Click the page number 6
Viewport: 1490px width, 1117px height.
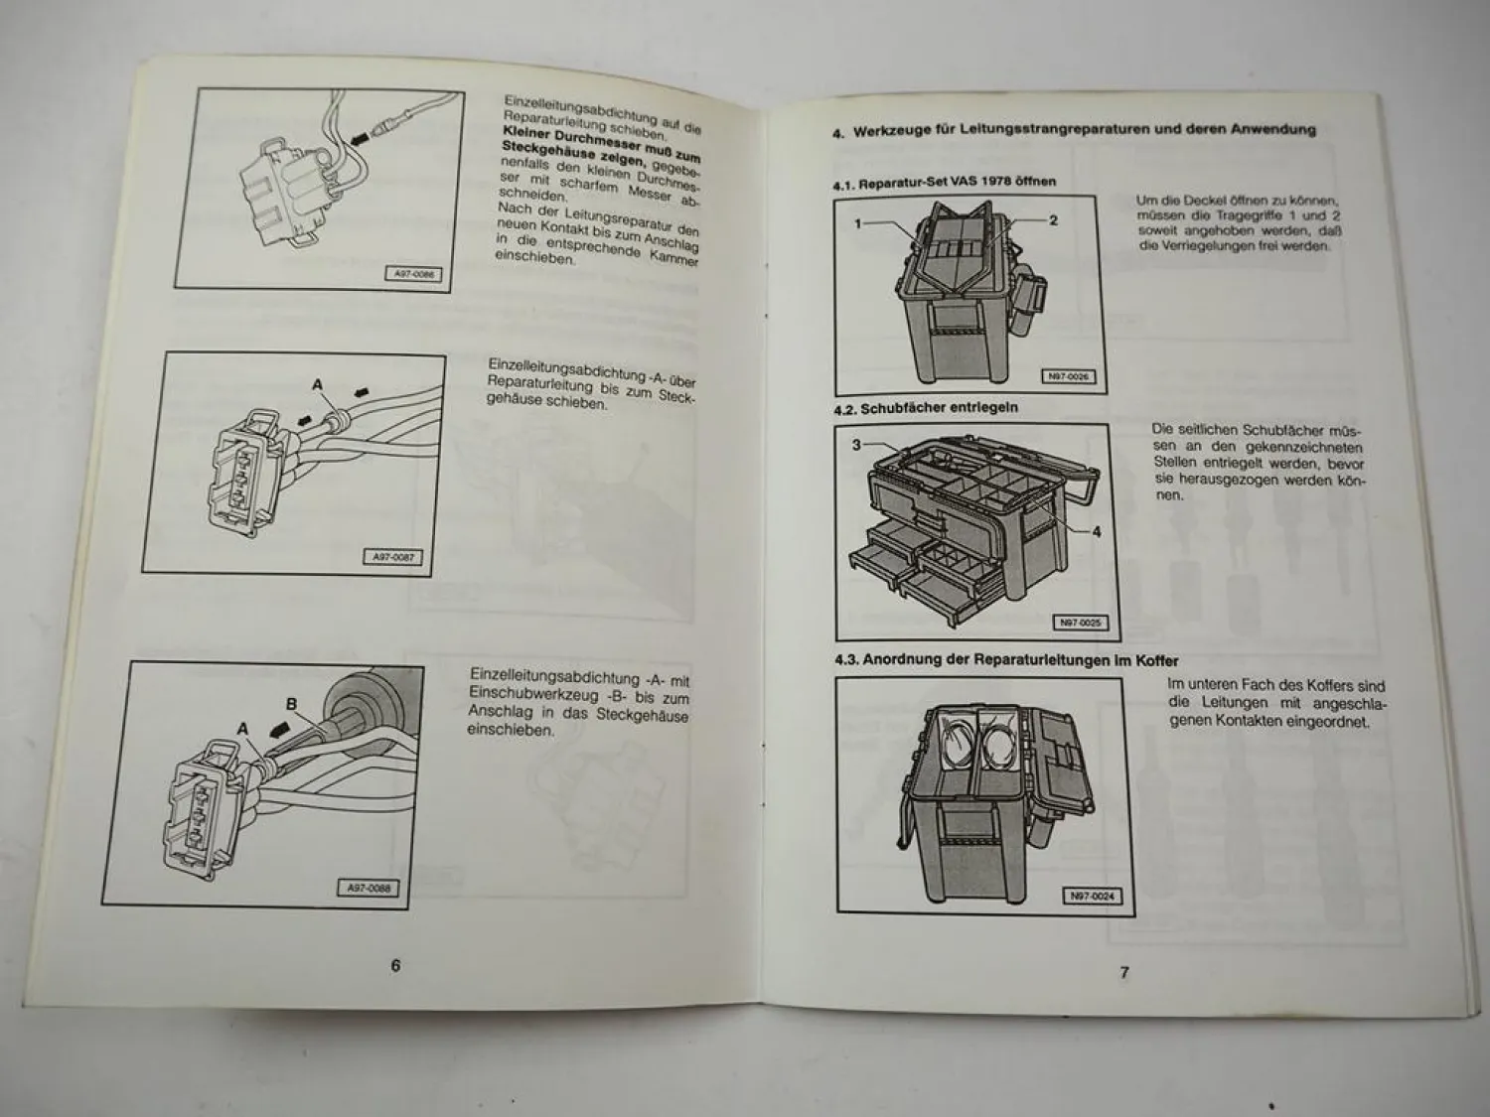395,965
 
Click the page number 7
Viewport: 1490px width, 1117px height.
1124,972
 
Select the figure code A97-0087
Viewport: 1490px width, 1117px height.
394,558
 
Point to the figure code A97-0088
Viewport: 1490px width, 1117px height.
370,889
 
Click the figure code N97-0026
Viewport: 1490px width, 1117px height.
1068,377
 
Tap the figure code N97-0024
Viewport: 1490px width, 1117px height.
1093,897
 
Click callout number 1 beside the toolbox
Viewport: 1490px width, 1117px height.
857,224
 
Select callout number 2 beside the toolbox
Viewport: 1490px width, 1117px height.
1054,219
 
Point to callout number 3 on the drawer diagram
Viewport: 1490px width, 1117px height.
856,445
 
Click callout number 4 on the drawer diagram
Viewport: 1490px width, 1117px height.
1097,532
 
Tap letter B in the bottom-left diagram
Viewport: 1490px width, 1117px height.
291,705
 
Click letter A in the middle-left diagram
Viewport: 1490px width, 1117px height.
318,384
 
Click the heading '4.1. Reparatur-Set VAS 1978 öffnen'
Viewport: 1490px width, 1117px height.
944,182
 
